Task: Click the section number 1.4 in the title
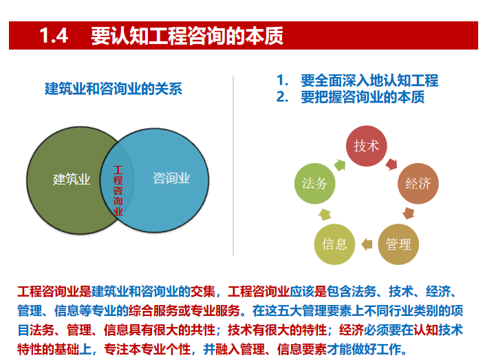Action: (53, 36)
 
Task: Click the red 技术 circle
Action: (366, 146)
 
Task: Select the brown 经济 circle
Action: (418, 184)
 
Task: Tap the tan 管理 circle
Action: (398, 244)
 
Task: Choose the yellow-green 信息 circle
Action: (334, 244)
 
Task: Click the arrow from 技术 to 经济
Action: (394, 163)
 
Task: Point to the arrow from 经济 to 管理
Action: (409, 213)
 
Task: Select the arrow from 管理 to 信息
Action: (367, 244)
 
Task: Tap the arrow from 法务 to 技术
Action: (340, 164)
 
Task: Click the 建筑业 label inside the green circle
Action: (72, 180)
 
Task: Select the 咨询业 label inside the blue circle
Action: (171, 179)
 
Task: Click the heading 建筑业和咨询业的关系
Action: (114, 89)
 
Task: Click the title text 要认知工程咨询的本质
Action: (186, 36)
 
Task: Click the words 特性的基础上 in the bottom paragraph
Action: (52, 348)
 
